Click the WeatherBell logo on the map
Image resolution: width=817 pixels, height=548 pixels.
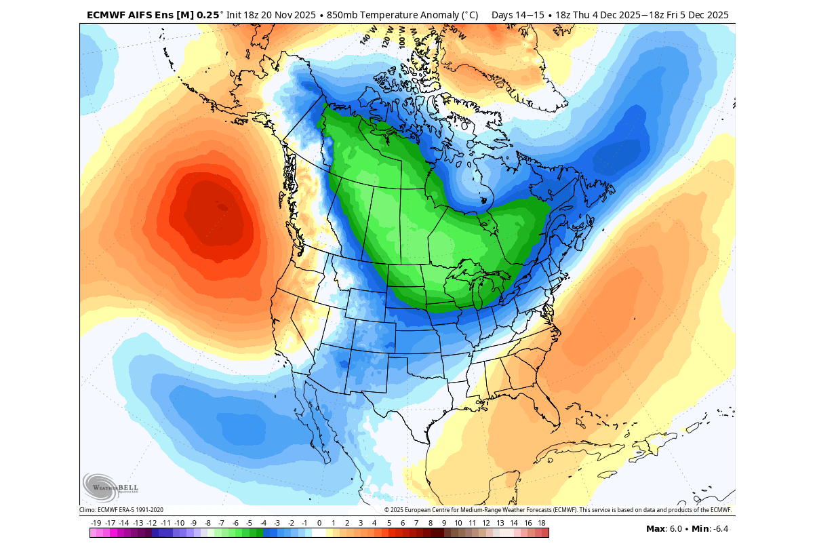click(110, 487)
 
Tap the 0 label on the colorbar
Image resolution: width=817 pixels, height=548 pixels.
click(319, 523)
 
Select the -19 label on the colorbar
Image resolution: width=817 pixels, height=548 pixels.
click(96, 523)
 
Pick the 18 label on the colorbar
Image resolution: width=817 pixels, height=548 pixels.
click(542, 523)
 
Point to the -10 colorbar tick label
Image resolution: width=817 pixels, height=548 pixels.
click(180, 523)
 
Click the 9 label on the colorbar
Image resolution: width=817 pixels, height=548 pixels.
click(444, 523)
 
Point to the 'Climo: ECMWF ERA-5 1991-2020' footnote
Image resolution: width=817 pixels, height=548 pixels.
click(121, 510)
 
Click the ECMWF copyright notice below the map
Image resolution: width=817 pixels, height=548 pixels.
click(557, 510)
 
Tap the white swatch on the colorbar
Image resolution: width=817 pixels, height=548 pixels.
click(319, 533)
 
